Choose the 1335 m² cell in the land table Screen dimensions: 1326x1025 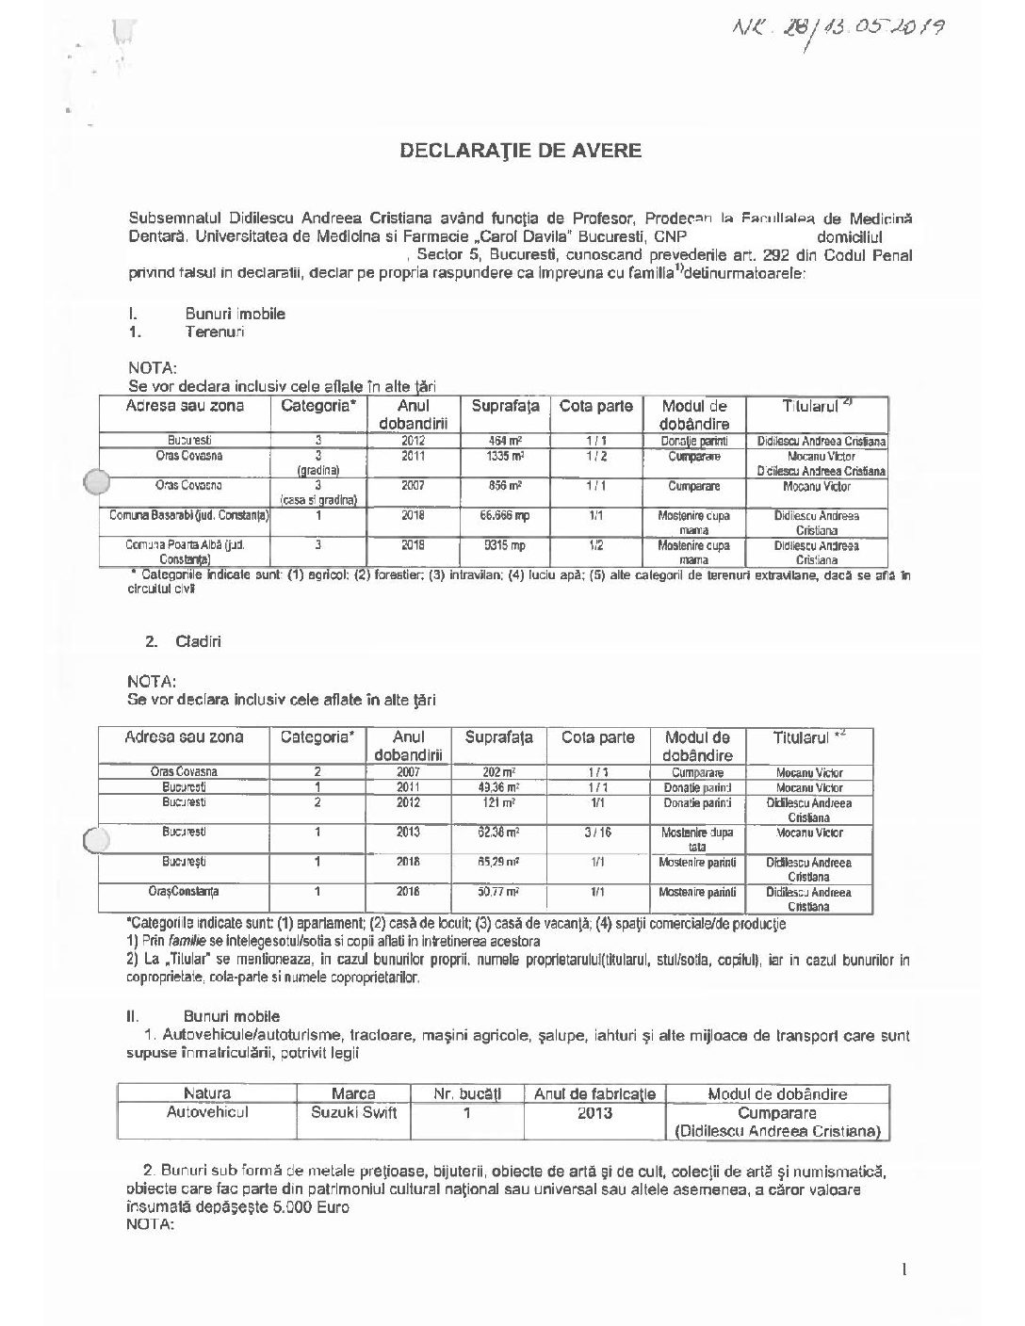[504, 456]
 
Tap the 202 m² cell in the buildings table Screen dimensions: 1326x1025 [498, 772]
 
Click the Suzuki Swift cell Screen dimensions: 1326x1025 [353, 1112]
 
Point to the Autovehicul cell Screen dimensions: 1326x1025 [207, 1112]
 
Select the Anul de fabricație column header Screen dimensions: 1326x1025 [594, 1093]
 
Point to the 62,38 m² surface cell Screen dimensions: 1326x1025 [498, 833]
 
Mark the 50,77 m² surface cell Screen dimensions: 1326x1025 [498, 891]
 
